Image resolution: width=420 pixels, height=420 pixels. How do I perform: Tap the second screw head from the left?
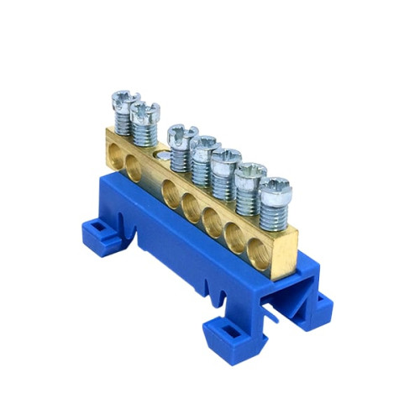pyautogui.click(x=145, y=110)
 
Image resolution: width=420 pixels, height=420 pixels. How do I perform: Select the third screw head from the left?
pyautogui.click(x=181, y=132)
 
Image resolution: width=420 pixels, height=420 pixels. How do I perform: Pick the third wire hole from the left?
pyautogui.click(x=171, y=186)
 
